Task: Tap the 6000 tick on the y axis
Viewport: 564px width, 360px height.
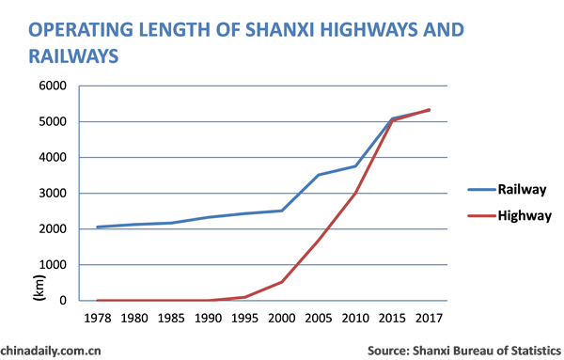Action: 52,86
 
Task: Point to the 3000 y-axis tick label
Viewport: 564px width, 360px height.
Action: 52,194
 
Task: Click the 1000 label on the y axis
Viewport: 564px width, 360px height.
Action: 52,265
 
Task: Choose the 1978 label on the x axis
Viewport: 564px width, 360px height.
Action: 97,318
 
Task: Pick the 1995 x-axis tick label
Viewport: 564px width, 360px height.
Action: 245,318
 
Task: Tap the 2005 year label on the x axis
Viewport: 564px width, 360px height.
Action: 319,318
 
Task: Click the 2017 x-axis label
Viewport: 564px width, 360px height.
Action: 430,318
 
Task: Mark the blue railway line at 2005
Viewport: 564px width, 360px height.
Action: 319,175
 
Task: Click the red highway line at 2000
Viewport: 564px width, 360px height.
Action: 282,282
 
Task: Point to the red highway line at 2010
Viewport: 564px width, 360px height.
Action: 355,193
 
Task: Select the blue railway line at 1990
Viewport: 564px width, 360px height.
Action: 209,217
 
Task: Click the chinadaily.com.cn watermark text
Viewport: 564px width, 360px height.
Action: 51,350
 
